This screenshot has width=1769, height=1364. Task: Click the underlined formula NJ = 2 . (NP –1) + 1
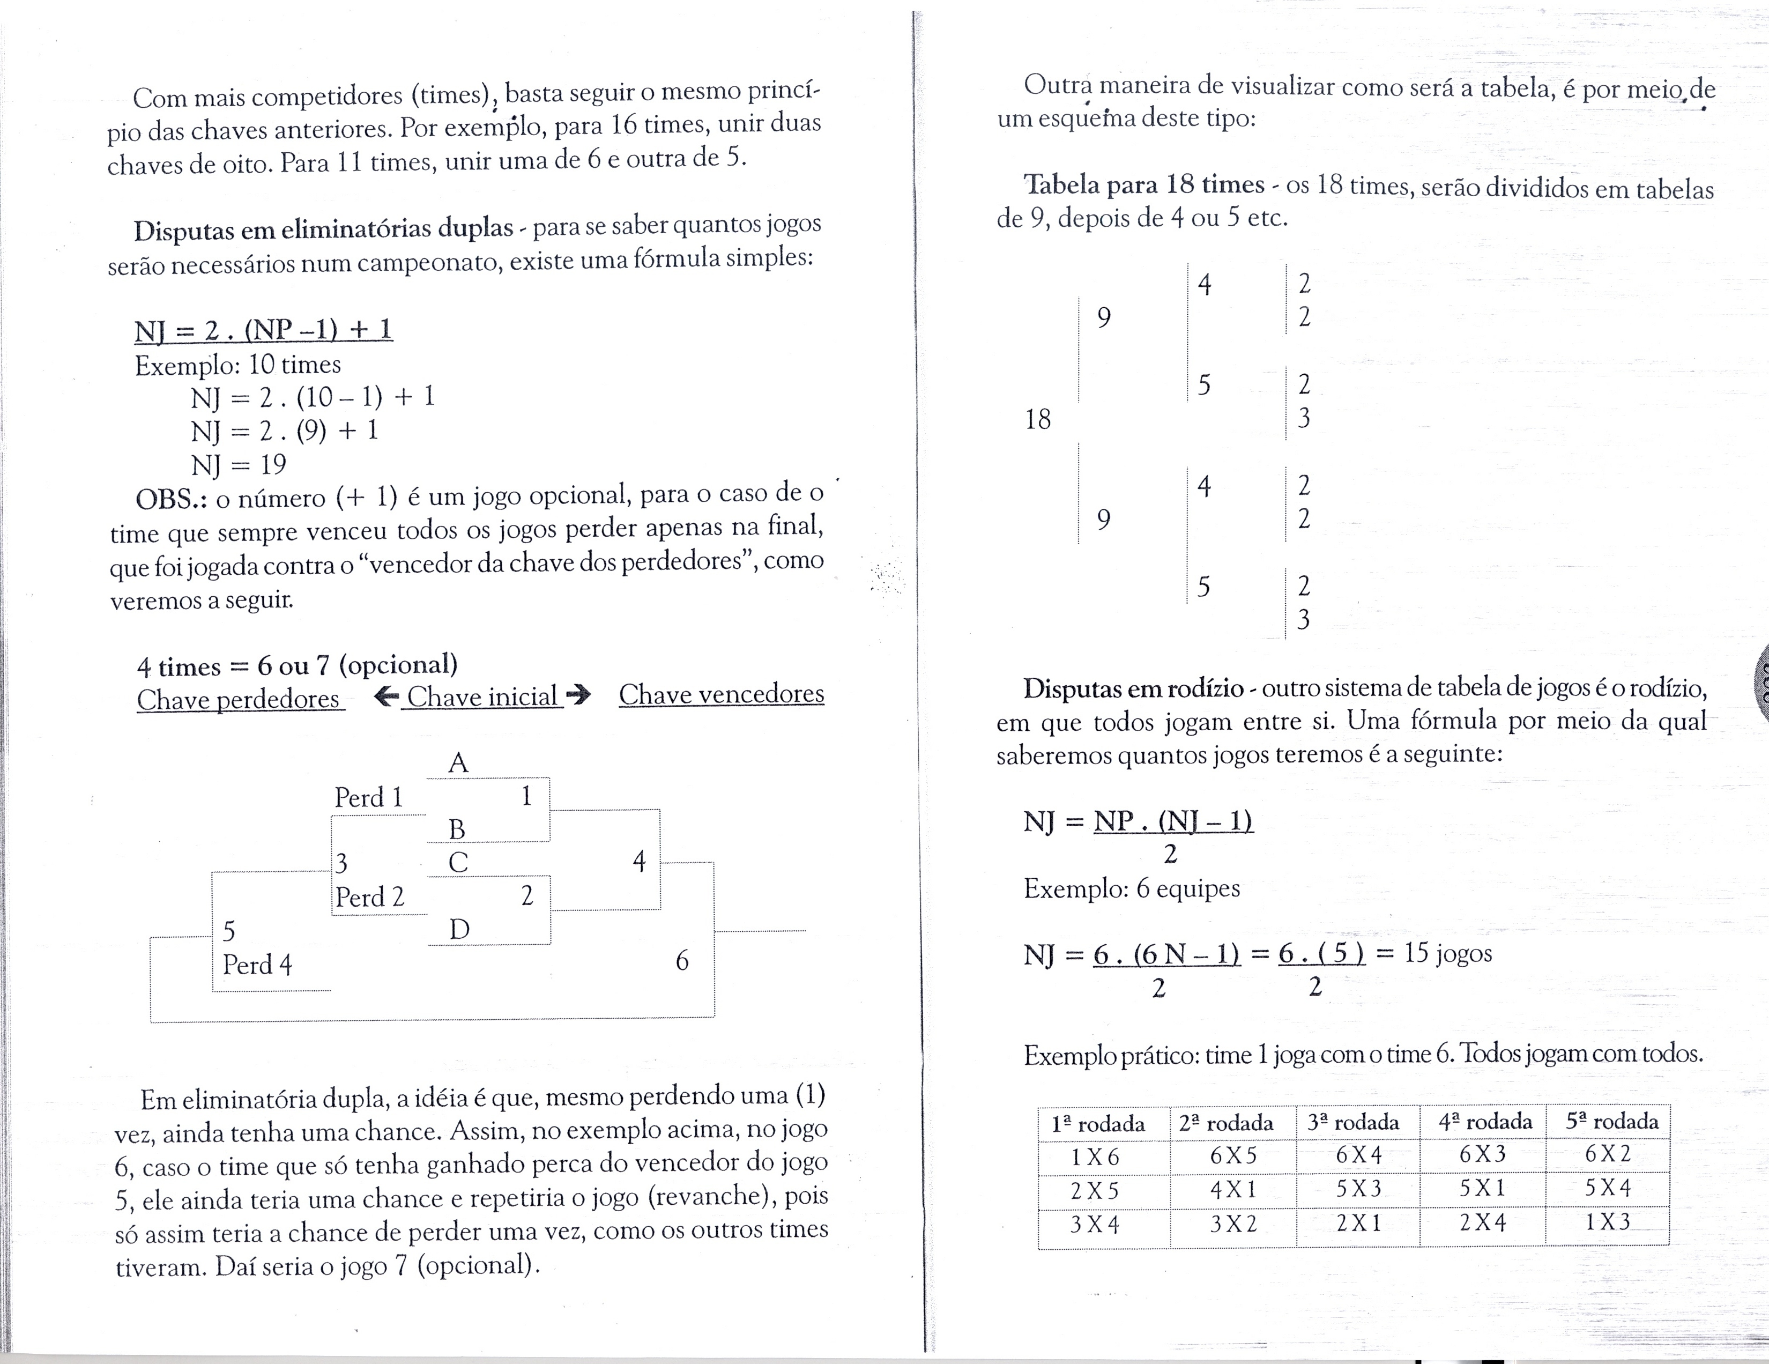[263, 330]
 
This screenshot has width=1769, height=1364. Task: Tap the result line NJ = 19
[238, 465]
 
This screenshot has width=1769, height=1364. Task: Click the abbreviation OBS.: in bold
[171, 498]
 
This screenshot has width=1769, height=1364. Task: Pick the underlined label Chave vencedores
[721, 694]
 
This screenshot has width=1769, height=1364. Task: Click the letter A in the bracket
[458, 763]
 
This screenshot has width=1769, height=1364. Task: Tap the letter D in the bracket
[459, 929]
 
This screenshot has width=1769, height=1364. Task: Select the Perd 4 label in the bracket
[257, 965]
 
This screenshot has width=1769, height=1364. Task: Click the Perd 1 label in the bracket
[369, 798]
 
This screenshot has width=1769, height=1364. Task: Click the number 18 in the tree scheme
[1038, 420]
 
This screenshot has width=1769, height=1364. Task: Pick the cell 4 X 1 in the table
[1233, 1190]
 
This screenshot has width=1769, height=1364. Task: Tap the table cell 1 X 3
[1607, 1221]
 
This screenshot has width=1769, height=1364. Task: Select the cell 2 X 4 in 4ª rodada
[1482, 1222]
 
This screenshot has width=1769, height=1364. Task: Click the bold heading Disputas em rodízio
[1132, 688]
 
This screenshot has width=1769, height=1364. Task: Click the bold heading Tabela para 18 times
[1144, 186]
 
